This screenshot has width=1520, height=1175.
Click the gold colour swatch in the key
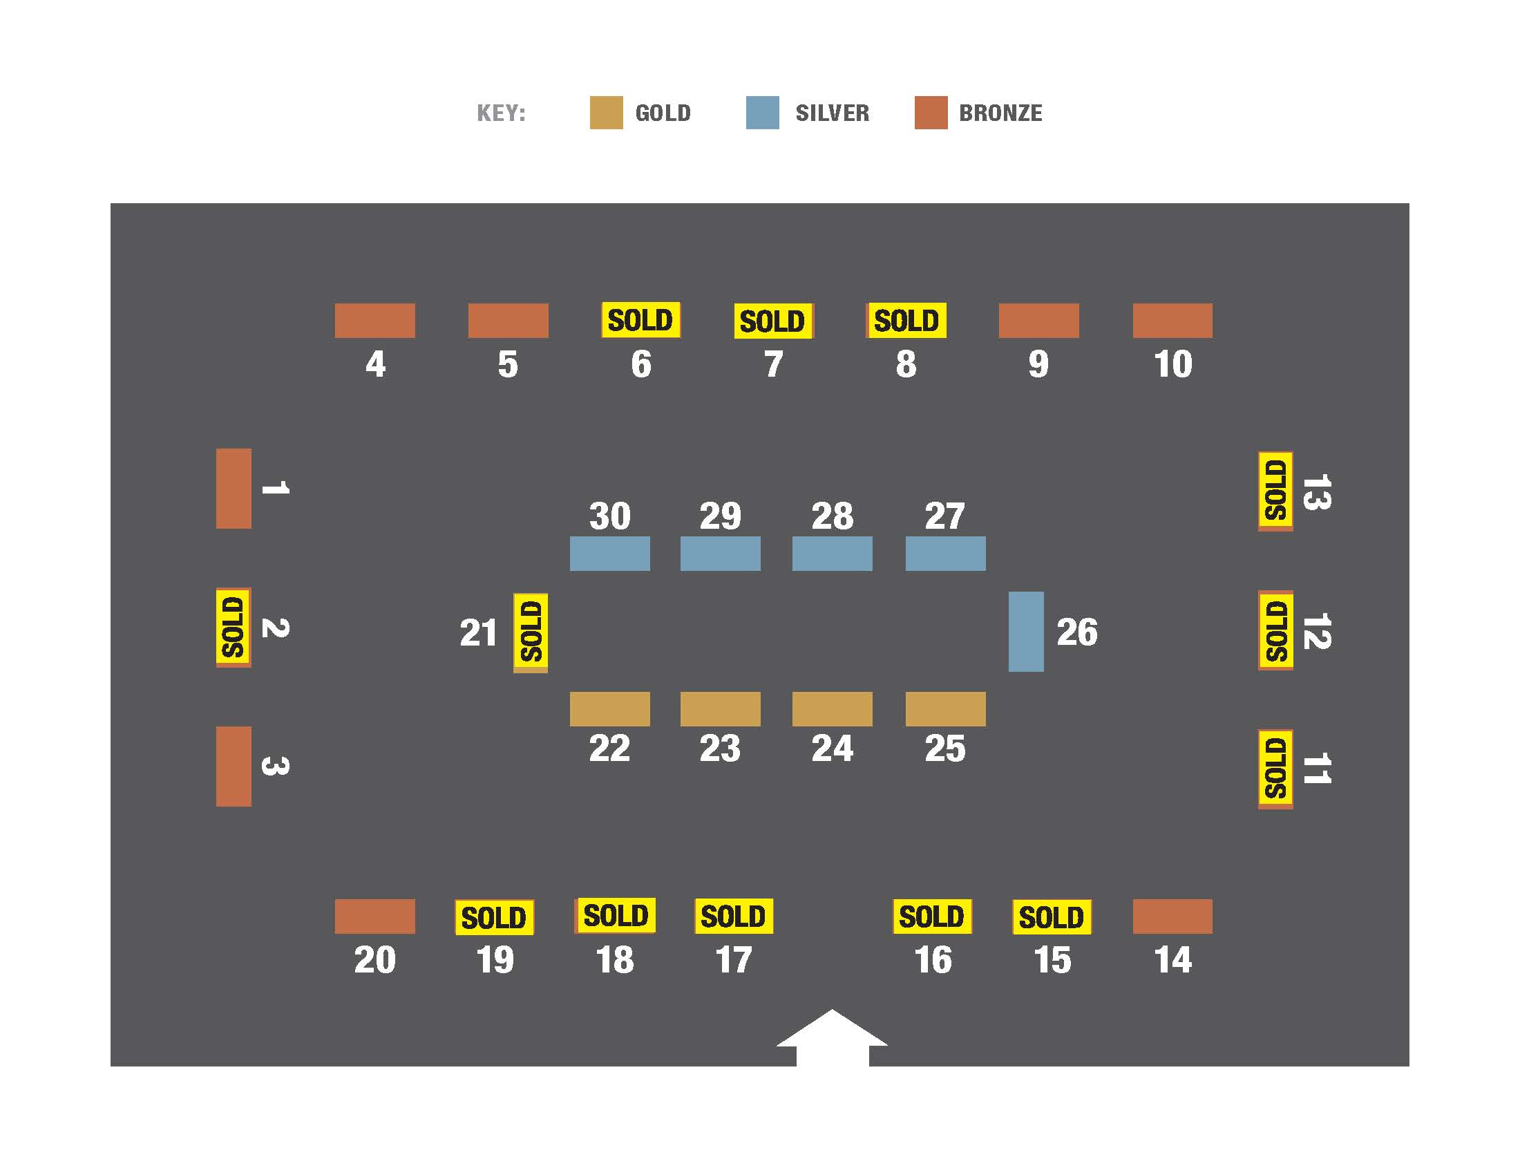coord(605,113)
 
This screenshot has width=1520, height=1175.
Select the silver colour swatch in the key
coord(762,113)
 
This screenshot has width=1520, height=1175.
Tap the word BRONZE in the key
coord(1000,113)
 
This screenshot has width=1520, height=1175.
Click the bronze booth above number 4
coord(374,320)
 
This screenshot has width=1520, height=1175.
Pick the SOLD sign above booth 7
coord(772,321)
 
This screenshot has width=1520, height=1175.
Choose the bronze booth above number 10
coord(1172,320)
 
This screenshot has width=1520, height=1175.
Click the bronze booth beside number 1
coord(233,488)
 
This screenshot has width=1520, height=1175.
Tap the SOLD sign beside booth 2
coord(233,627)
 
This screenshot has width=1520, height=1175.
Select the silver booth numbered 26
coord(1025,631)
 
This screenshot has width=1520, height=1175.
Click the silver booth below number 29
coord(720,554)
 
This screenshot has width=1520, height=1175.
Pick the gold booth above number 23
coord(720,708)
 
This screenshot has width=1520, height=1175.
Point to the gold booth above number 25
coord(944,708)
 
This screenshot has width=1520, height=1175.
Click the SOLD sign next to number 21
coord(531,632)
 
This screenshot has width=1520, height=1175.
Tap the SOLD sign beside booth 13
coord(1275,491)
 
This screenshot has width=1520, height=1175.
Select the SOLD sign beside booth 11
coord(1275,769)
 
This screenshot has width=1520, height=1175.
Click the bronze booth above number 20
coord(374,916)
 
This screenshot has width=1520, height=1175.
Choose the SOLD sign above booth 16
coord(931,916)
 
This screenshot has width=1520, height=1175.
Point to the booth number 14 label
coord(1172,960)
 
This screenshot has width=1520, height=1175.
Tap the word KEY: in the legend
coord(501,113)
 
